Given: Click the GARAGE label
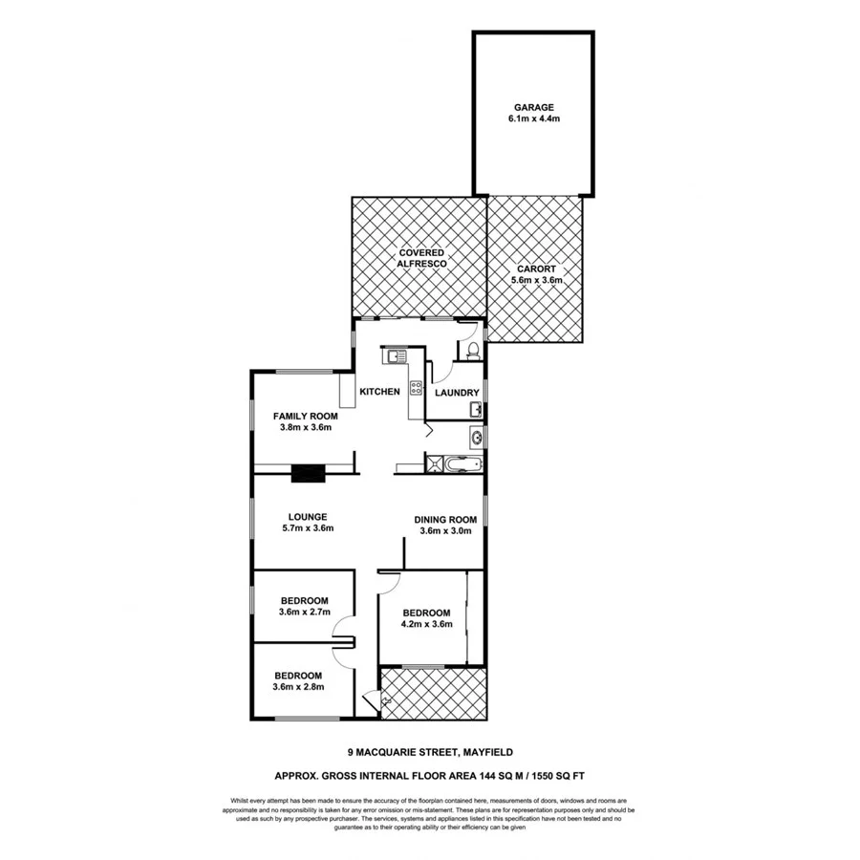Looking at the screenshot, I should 533,108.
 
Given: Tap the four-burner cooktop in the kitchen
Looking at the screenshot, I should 416,387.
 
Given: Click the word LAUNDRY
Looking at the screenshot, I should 455,393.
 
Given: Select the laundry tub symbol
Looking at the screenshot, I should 476,410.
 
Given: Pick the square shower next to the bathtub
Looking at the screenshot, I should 436,464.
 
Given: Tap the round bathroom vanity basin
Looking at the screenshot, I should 475,439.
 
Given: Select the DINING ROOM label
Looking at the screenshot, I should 444,520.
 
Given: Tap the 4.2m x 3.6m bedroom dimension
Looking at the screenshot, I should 425,625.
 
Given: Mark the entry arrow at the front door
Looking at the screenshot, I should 386,701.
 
